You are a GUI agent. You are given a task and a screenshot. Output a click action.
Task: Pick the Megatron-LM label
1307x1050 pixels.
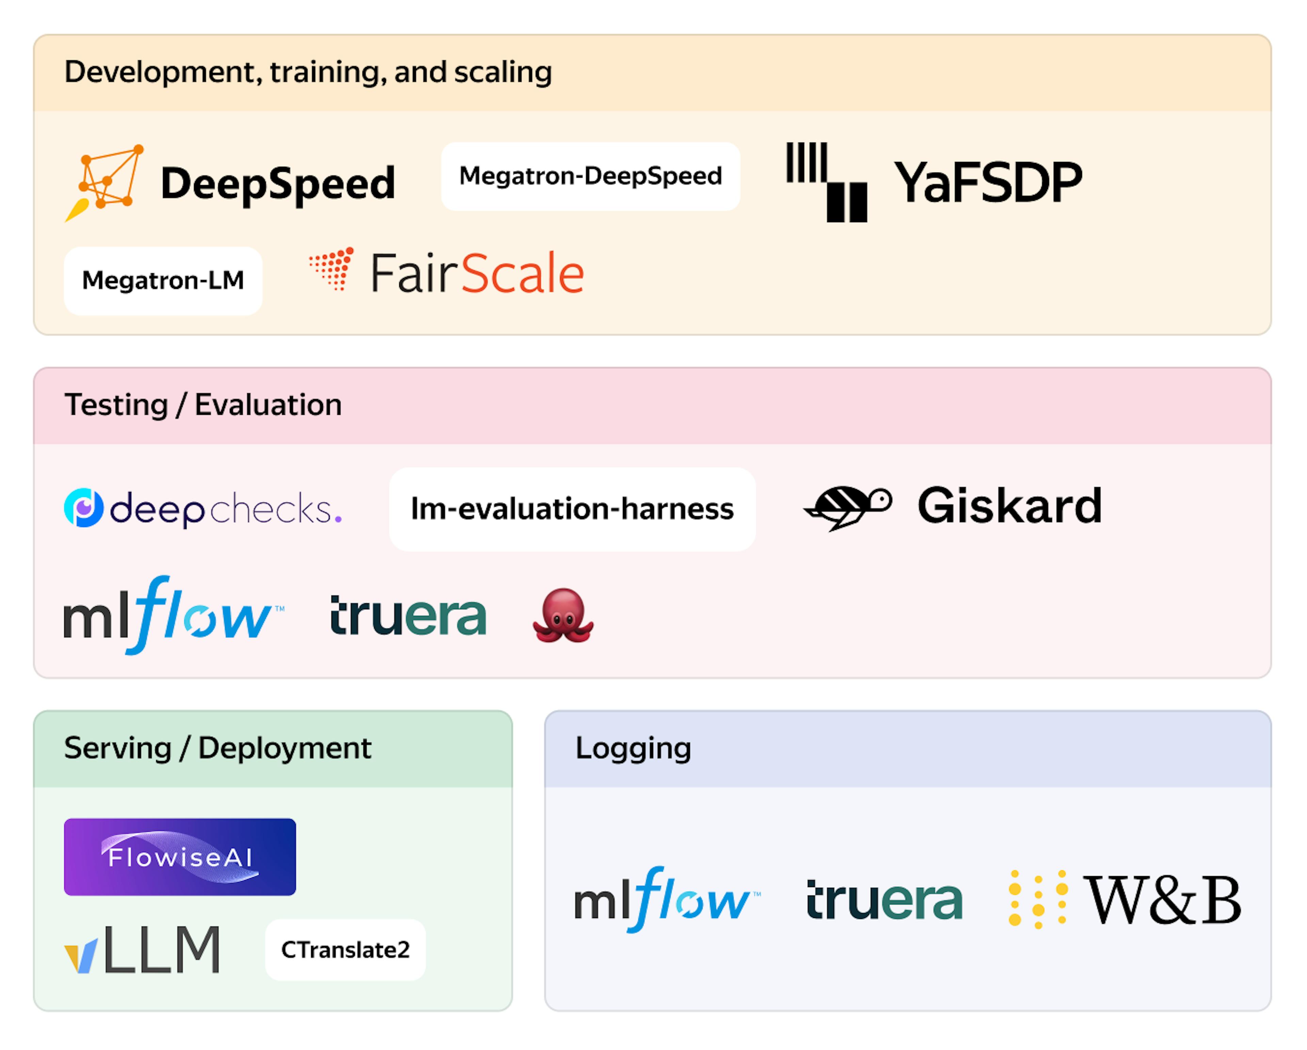(162, 280)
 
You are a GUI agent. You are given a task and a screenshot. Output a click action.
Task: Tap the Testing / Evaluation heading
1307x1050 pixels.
(203, 405)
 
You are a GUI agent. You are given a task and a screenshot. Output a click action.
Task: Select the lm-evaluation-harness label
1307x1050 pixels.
(572, 509)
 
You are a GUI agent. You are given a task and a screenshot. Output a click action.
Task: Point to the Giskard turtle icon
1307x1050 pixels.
(848, 507)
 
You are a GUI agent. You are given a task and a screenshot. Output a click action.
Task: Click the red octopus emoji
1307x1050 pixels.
(563, 616)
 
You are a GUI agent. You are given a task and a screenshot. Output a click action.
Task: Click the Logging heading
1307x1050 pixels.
(633, 748)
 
